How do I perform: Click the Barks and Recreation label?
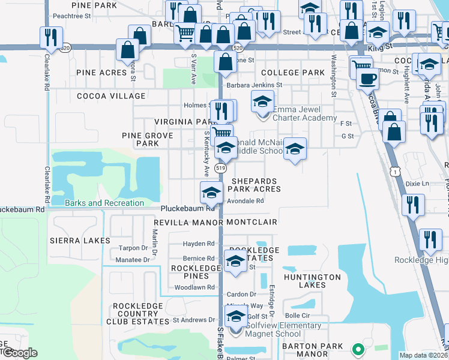click(104, 203)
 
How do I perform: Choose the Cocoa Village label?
click(111, 96)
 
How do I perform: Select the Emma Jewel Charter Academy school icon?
click(262, 102)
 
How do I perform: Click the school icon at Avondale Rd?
click(211, 193)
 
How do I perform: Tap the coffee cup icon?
click(367, 78)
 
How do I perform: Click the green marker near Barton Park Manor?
click(358, 348)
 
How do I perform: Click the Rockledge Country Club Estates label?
click(138, 314)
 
